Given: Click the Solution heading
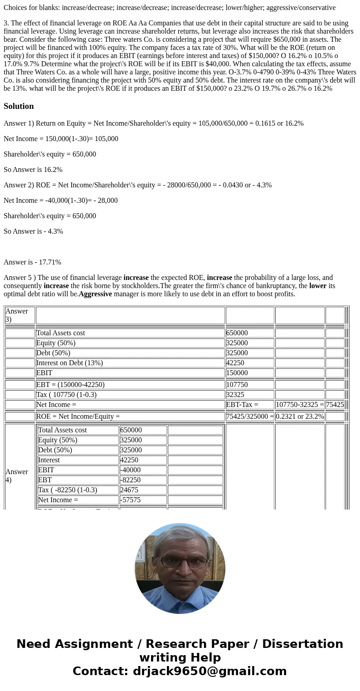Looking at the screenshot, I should tap(19, 106).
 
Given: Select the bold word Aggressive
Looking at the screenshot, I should tap(95, 294).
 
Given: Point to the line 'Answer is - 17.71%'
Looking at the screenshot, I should tap(32, 262).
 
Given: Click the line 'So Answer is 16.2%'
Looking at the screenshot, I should tap(33, 170).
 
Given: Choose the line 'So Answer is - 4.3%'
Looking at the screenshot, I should tap(33, 231).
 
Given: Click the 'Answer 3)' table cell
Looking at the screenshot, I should tap(19, 315).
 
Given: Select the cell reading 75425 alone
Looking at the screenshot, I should tap(335, 405).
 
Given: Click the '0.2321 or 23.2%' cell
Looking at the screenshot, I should tap(300, 417).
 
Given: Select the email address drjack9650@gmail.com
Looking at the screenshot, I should tap(209, 671).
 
